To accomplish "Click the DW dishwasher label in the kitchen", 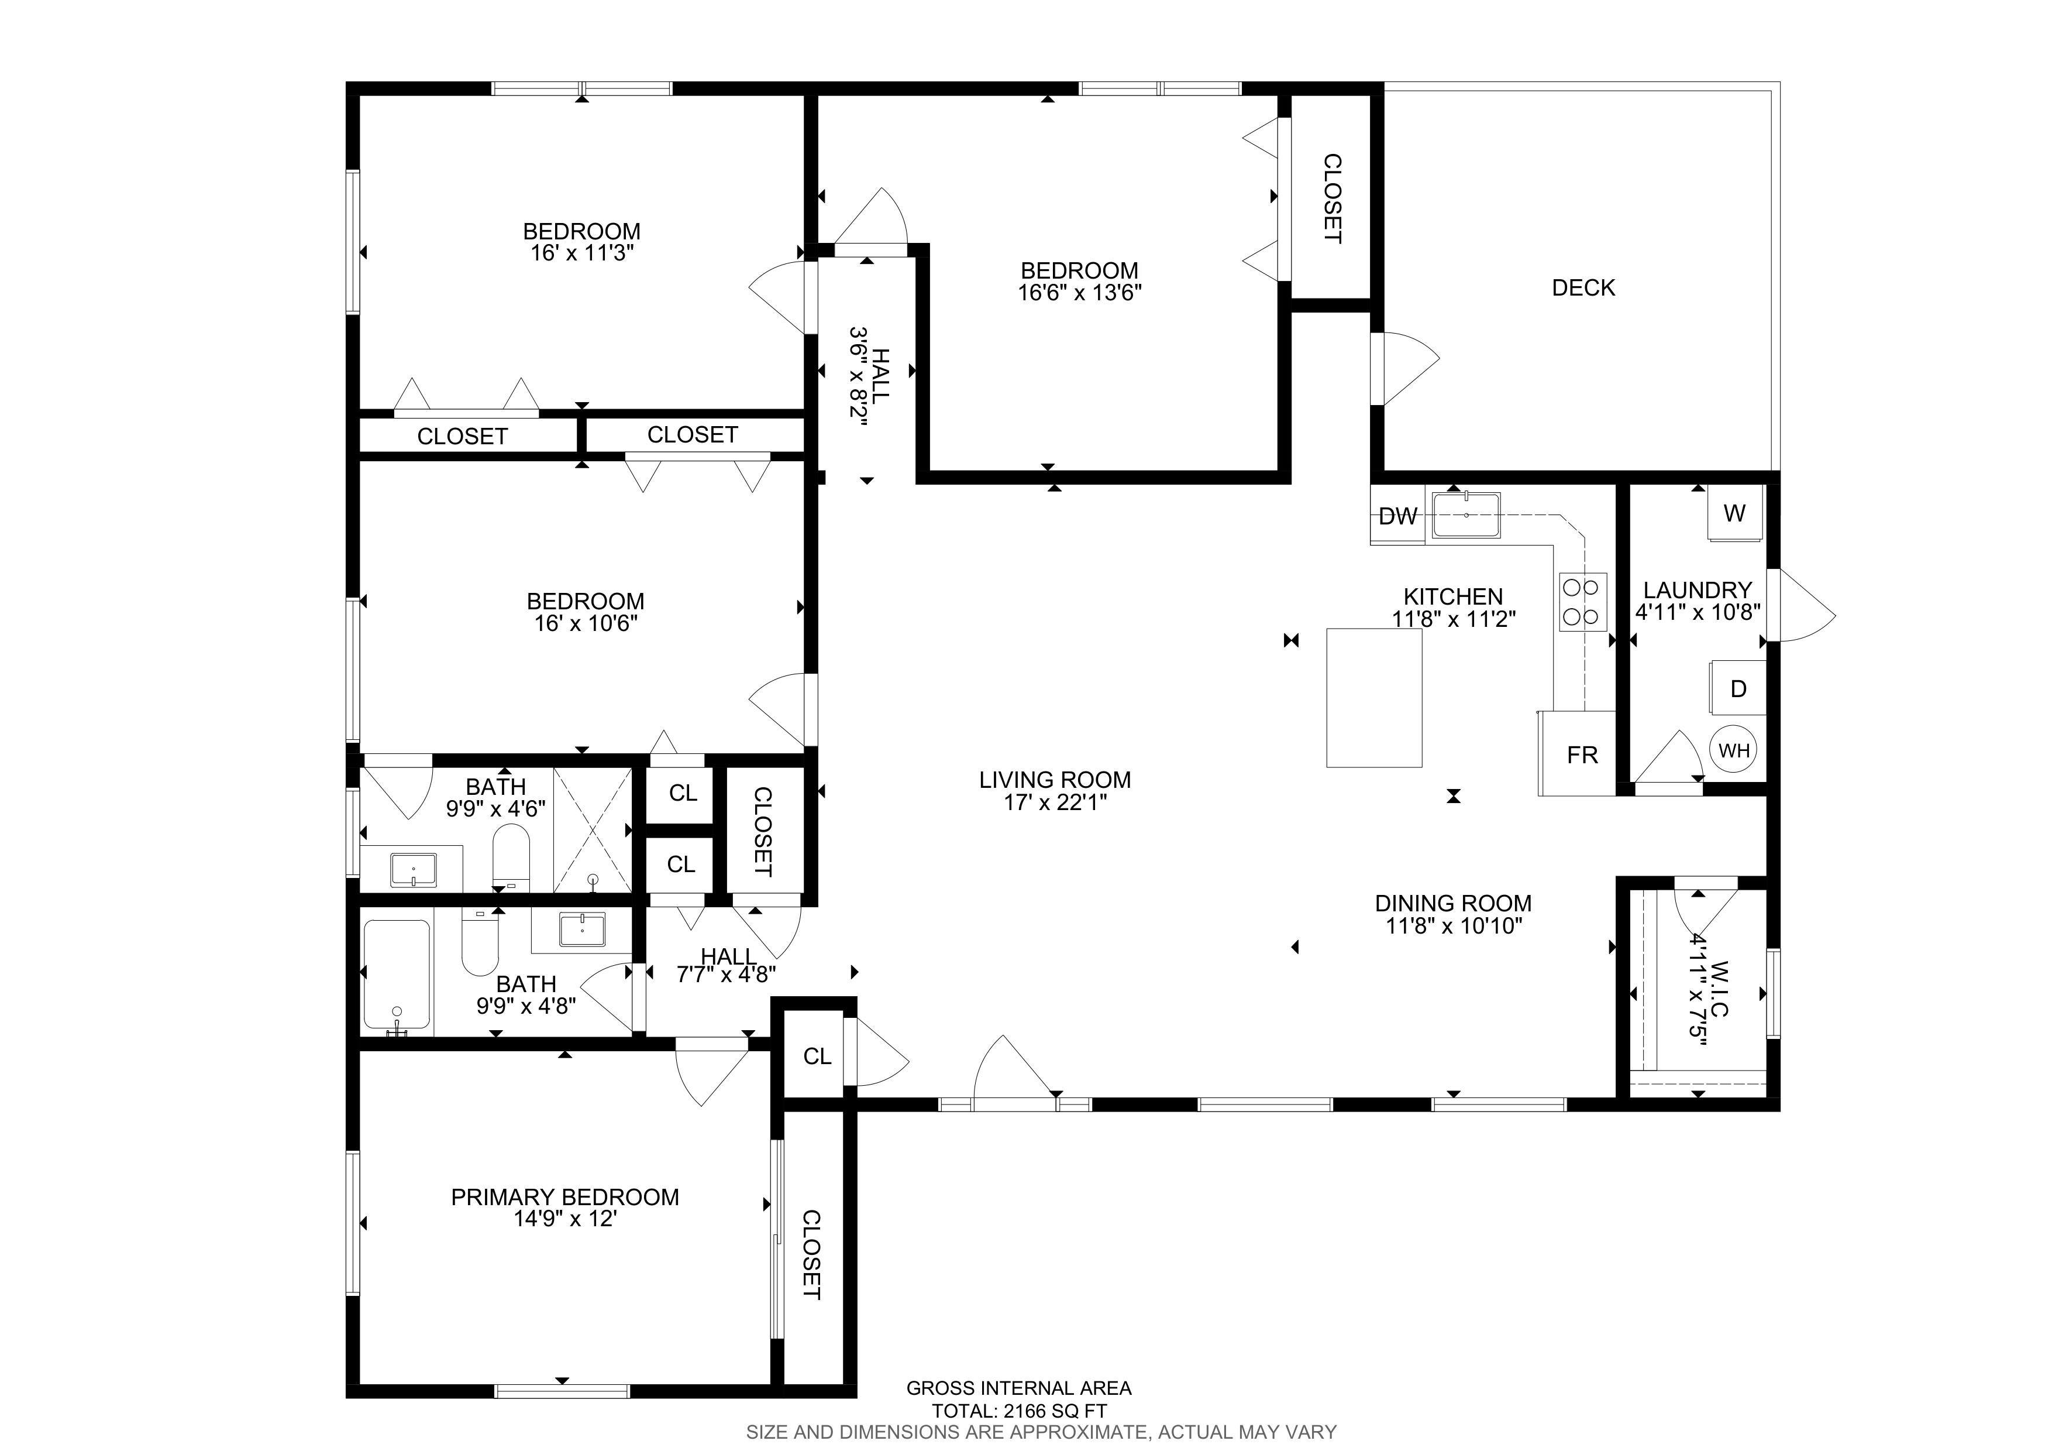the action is (x=1398, y=516).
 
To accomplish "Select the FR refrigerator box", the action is (x=1578, y=754).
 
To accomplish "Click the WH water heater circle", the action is (x=1734, y=750).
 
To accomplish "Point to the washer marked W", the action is (x=1736, y=513).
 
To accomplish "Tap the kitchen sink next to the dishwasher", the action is (x=1466, y=515).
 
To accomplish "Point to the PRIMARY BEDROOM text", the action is (x=565, y=1197).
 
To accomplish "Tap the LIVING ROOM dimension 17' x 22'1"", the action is (x=1055, y=802).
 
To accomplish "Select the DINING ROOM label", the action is (x=1453, y=903).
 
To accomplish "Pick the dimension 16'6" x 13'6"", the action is (x=1080, y=292).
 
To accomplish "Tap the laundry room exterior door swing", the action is (x=1802, y=605).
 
